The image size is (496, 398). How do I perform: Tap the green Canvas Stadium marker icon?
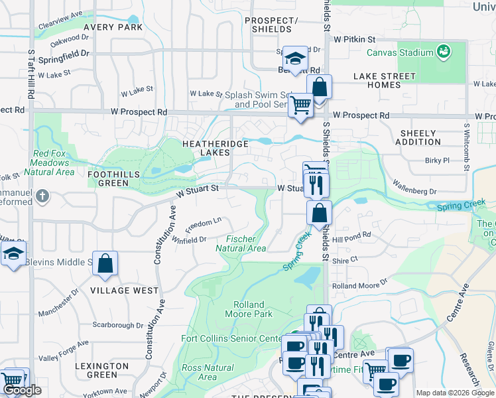coord(443,50)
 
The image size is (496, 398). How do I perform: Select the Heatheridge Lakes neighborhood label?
coord(216,148)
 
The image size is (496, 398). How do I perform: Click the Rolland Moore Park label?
coord(249,309)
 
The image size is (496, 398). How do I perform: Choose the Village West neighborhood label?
coord(125,291)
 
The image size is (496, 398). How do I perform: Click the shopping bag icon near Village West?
coord(105,263)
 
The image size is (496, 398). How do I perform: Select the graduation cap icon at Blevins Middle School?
coord(13,254)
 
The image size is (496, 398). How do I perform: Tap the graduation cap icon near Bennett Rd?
coord(295,57)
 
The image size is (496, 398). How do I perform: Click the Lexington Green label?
coord(101,370)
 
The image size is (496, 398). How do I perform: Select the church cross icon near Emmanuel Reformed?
coord(42,196)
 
